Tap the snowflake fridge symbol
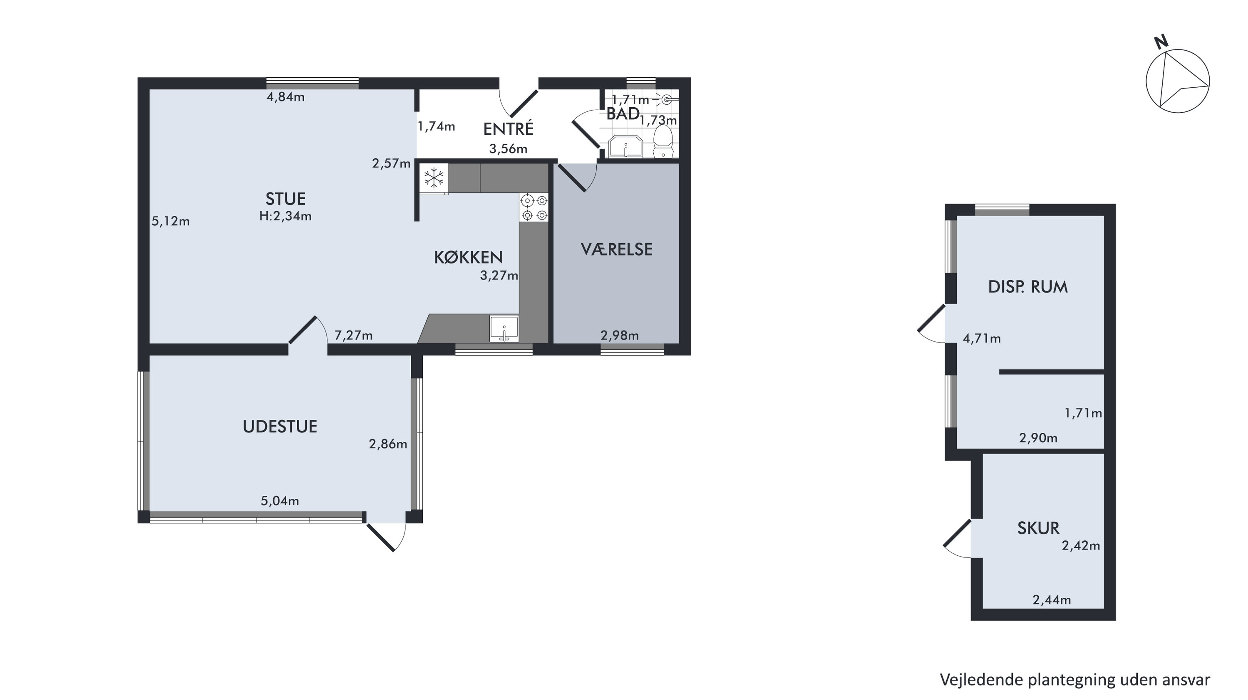(x=434, y=177)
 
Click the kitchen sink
(x=504, y=329)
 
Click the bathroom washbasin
(x=625, y=146)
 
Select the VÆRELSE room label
(x=616, y=249)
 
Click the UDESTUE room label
(x=280, y=426)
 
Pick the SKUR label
(x=1038, y=528)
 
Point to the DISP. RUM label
(x=1027, y=287)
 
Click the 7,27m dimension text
(x=354, y=335)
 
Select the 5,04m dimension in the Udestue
(x=280, y=501)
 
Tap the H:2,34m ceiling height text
(x=285, y=216)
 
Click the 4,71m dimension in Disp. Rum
(x=982, y=338)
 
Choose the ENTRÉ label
(x=508, y=129)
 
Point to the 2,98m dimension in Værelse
(x=620, y=335)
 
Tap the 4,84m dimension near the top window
(x=285, y=97)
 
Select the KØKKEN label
(x=468, y=257)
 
